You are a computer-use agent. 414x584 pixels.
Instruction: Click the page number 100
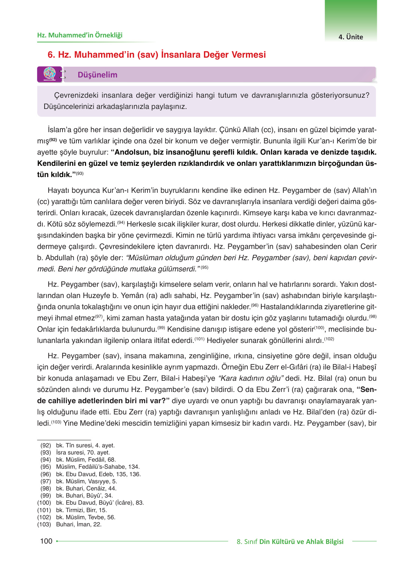46,541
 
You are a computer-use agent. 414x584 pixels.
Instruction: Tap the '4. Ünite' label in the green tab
350,37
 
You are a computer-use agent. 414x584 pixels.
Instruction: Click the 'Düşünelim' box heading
97,75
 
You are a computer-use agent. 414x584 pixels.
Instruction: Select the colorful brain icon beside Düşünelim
49,74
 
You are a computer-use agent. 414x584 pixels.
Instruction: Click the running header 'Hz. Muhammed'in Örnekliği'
80,35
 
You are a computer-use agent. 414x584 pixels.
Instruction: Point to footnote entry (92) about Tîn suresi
77,445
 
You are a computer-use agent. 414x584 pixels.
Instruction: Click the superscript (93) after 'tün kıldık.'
79,173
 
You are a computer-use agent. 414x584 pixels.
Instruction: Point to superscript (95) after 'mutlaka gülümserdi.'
204,268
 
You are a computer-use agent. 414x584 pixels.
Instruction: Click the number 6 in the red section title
51,55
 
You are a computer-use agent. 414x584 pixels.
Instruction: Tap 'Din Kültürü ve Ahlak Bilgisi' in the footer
301,541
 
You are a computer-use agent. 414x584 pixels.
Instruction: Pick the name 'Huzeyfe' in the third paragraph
96,296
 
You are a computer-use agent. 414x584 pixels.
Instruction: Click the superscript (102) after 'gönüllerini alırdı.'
329,339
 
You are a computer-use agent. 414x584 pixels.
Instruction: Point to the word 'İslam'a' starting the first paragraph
60,130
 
